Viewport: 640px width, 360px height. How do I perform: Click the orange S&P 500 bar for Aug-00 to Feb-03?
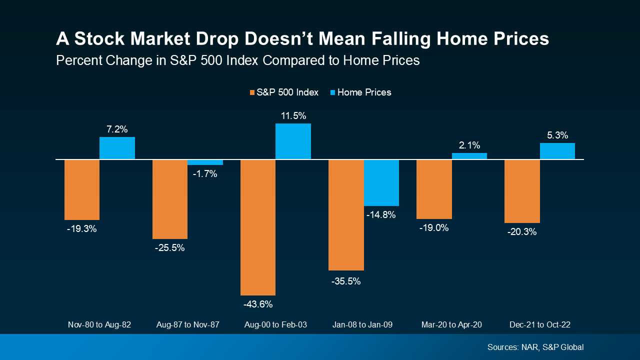pos(258,227)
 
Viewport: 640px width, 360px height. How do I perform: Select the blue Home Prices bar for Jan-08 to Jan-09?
pos(381,183)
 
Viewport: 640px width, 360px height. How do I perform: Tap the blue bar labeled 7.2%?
pos(117,148)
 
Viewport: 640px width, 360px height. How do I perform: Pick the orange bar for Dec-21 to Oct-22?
pos(522,191)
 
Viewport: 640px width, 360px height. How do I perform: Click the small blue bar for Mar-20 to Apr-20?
pos(469,156)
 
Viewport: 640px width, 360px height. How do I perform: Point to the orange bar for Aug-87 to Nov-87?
pos(170,199)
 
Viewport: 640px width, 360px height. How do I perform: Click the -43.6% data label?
pos(258,304)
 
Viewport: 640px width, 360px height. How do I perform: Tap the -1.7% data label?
pos(205,174)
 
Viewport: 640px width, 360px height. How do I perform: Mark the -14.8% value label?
pos(381,215)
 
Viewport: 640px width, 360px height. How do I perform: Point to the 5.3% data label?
pos(557,135)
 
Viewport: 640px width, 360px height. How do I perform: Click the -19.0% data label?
pos(433,227)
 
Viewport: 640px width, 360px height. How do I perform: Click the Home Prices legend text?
pos(364,92)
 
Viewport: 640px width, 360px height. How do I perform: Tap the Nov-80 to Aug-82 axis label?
pos(99,324)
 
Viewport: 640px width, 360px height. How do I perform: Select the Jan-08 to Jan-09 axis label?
pos(363,324)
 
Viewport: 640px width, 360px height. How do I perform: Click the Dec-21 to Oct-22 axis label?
pos(539,324)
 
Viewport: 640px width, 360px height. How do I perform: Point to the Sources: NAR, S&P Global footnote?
pos(535,347)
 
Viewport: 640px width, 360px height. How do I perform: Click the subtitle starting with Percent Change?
pos(237,60)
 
